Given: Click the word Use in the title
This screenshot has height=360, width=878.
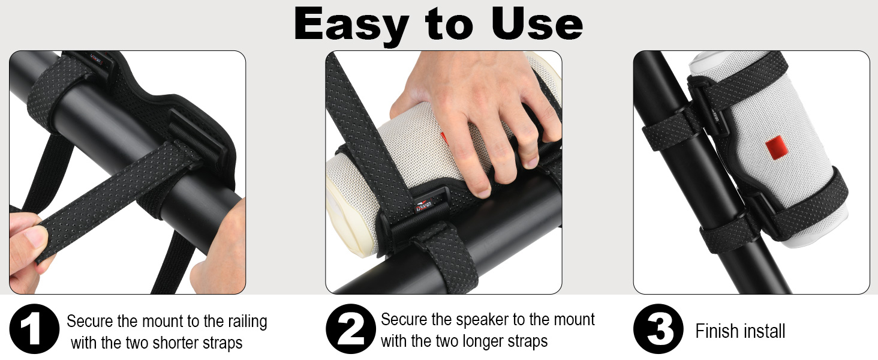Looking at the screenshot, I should [x=536, y=25].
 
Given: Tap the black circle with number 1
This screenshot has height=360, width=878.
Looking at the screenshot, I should [x=34, y=329].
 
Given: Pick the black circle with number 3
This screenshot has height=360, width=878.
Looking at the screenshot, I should [x=658, y=329].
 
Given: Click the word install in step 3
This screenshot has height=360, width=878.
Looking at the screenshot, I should [x=763, y=331].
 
